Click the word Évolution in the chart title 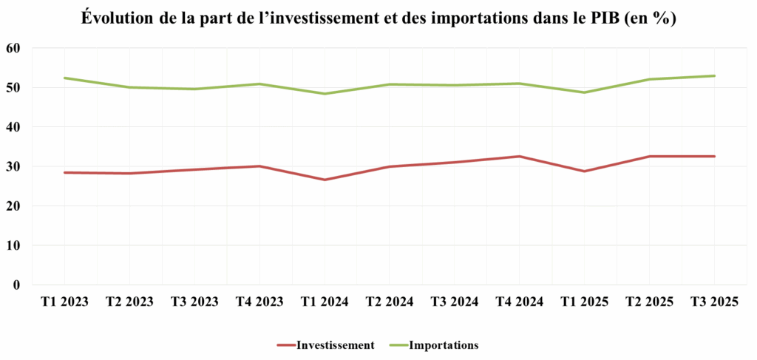(120, 19)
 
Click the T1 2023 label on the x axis (64, 302)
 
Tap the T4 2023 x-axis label (259, 302)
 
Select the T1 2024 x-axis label (324, 302)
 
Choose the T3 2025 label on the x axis (714, 302)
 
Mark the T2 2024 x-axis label (389, 302)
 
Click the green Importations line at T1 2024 (324, 94)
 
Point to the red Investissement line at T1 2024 (324, 180)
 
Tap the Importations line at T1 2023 (64, 78)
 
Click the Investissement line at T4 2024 (519, 157)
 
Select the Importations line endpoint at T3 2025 (714, 75)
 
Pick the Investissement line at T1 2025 (584, 171)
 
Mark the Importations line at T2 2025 (649, 79)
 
